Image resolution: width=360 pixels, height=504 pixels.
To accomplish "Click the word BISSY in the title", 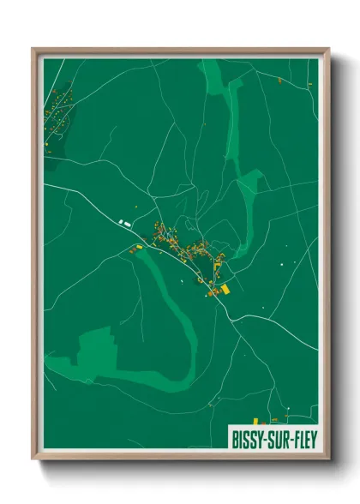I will pos(249,437).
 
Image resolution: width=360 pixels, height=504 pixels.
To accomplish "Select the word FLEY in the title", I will pos(305,437).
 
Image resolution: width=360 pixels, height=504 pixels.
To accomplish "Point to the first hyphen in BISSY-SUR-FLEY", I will pos(266,438).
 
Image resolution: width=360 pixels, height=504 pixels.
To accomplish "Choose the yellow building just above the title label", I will pos(276,420).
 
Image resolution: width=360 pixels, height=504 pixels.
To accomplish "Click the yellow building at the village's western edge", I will pos(134,249).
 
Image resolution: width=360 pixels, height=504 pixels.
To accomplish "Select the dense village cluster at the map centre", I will pos(184,249).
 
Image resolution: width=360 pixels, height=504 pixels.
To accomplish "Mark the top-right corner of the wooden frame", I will pos(328,50).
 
